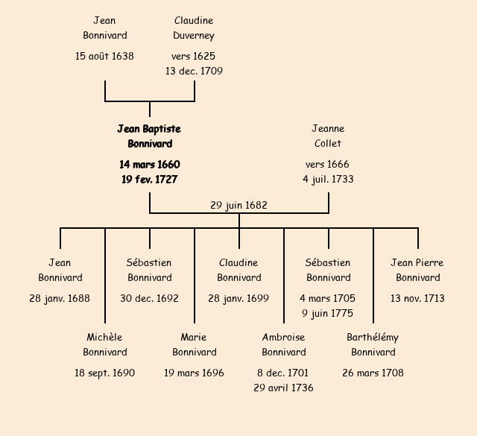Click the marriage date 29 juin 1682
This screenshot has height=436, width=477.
pyautogui.click(x=238, y=205)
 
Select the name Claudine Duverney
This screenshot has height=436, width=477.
pyautogui.click(x=194, y=28)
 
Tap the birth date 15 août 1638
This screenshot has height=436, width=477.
pyautogui.click(x=104, y=56)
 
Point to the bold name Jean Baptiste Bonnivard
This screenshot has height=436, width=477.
pyautogui.click(x=149, y=136)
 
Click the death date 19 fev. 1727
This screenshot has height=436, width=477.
pyautogui.click(x=149, y=179)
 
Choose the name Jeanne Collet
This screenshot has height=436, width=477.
pyautogui.click(x=328, y=136)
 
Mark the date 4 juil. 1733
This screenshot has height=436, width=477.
pyautogui.click(x=328, y=179)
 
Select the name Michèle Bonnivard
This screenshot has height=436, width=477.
pyautogui.click(x=104, y=345)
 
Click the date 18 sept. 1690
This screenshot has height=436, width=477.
pyautogui.click(x=104, y=373)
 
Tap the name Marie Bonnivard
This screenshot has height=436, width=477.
pyautogui.click(x=194, y=345)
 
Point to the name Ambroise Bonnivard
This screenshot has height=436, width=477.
pyautogui.click(x=283, y=345)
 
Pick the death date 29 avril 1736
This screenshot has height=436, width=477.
pyautogui.click(x=283, y=388)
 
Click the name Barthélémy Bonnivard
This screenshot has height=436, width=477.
pyautogui.click(x=373, y=345)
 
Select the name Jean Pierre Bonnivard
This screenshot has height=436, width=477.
pyautogui.click(x=417, y=271)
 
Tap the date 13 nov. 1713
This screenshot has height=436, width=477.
pyautogui.click(x=417, y=298)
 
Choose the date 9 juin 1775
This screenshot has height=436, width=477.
pyautogui.click(x=328, y=313)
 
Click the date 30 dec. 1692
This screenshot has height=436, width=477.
pyautogui.click(x=149, y=298)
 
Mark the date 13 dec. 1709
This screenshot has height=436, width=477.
pyautogui.click(x=194, y=71)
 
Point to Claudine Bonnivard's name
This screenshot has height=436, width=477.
pyautogui.click(x=238, y=271)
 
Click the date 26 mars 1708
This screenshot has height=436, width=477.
pyautogui.click(x=373, y=373)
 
